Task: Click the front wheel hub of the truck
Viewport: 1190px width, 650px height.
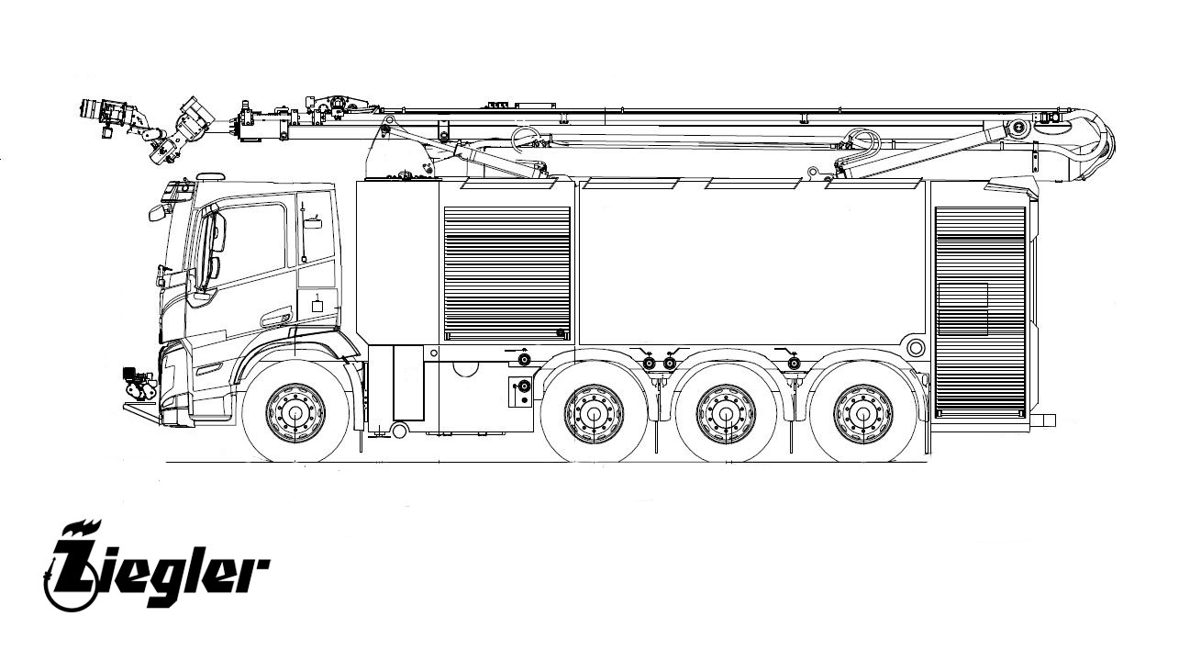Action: click(295, 412)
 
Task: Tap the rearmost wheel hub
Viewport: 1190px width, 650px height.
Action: click(862, 413)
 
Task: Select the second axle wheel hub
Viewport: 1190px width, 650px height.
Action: click(594, 413)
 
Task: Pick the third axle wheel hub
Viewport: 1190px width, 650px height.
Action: click(726, 413)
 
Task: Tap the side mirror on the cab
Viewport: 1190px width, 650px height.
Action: click(157, 213)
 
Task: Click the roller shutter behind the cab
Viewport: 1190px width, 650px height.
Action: click(506, 274)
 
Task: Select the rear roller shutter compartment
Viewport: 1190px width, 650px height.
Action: click(980, 311)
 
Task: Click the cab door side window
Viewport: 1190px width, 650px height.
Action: click(250, 245)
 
